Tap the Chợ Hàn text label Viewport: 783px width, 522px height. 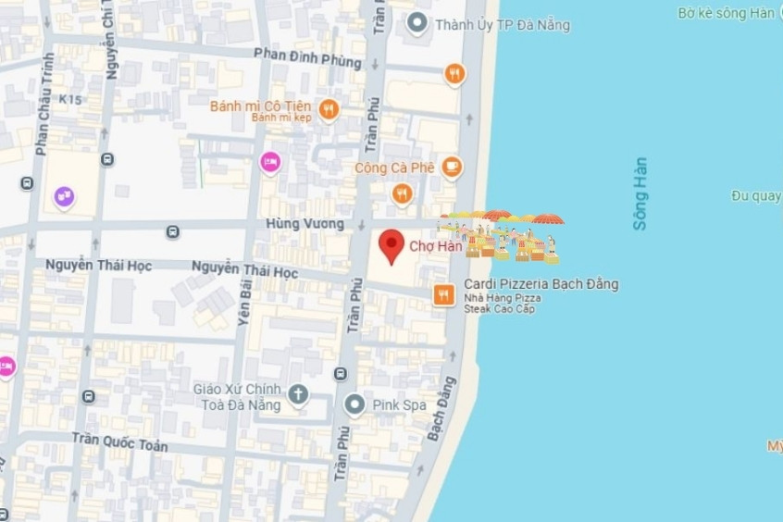coord(435,247)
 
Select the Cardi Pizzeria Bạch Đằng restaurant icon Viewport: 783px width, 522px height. coord(444,295)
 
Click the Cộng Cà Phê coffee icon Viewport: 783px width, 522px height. coord(452,167)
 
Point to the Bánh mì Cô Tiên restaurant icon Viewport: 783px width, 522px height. coord(328,110)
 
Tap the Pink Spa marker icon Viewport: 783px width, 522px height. coord(354,404)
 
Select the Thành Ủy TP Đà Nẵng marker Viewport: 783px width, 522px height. coord(417,23)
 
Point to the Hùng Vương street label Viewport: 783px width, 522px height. coord(304,224)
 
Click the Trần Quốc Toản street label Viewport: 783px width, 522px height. coord(120,442)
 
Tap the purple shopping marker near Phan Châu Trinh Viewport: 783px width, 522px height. coord(64,196)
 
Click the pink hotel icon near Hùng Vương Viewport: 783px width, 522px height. coord(269,162)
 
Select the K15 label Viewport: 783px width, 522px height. coord(69,97)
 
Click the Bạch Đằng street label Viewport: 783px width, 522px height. coord(441,406)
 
